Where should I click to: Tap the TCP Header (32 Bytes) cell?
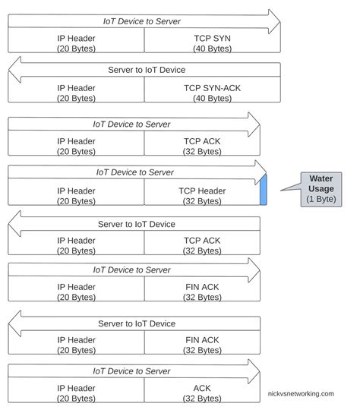201,196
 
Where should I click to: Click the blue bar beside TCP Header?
264,190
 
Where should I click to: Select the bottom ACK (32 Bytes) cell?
201,391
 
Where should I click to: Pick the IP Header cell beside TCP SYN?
76,42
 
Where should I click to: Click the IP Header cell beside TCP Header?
76,196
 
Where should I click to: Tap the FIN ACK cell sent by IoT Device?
201,292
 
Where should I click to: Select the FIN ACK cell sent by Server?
201,342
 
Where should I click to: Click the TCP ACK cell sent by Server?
201,244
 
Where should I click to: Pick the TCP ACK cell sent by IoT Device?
201,146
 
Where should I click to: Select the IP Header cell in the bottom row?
76,391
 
